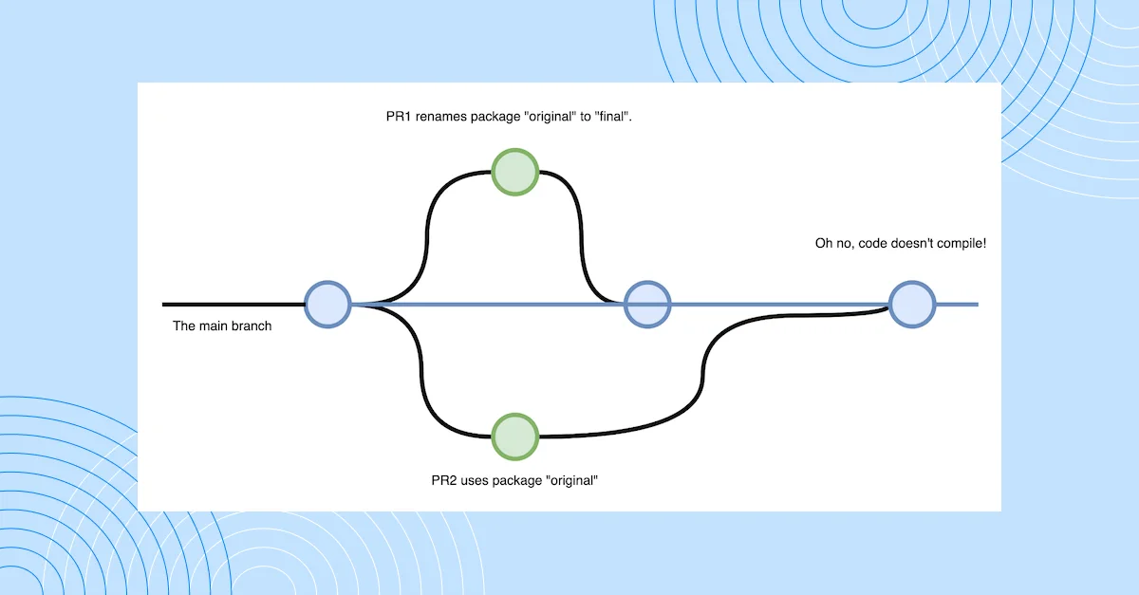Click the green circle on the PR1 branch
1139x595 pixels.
click(x=515, y=173)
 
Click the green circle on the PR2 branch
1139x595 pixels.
click(x=515, y=436)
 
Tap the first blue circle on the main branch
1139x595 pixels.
click(x=327, y=305)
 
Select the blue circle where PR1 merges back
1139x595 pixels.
click(x=647, y=305)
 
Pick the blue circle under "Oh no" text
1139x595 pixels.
click(x=912, y=305)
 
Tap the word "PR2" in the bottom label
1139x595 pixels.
click(x=446, y=480)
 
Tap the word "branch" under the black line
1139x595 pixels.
click(x=252, y=326)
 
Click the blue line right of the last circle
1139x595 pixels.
click(x=957, y=305)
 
